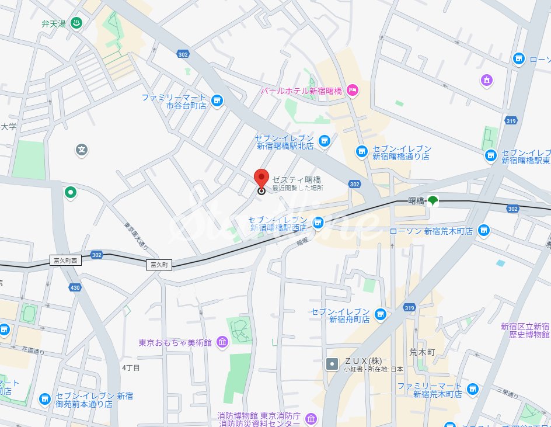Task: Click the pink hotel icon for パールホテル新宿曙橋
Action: point(352,90)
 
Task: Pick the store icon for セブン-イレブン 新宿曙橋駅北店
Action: point(325,140)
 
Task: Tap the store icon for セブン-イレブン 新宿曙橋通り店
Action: point(362,151)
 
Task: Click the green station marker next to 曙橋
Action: point(432,201)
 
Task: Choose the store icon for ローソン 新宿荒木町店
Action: point(483,231)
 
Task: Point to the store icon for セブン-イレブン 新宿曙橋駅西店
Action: point(318,222)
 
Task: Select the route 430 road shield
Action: point(75,287)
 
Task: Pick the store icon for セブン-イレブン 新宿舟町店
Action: point(381,315)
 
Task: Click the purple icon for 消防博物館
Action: point(311,419)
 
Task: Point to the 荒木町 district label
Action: point(422,352)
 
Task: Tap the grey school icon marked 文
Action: point(82,150)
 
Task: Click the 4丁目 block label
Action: point(131,368)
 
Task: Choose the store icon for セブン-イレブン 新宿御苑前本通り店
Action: point(45,400)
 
